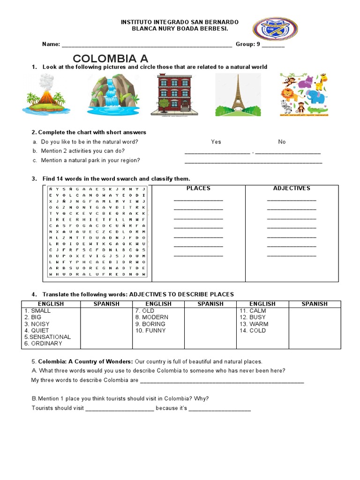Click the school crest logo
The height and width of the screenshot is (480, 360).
coord(275,29)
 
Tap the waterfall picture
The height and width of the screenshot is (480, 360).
coord(113,95)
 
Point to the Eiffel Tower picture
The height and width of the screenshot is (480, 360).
coord(238,95)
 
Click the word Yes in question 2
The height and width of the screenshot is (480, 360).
coord(216,142)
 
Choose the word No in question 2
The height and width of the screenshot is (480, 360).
coord(282,142)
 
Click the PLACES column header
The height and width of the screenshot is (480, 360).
coord(198,188)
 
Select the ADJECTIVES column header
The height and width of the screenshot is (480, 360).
coord(292,188)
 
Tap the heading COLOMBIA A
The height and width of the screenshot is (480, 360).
coord(111,59)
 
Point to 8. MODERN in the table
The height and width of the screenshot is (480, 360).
coord(151,317)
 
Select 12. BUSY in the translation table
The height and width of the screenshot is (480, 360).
coord(252,317)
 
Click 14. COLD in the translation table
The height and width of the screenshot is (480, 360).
coord(252,330)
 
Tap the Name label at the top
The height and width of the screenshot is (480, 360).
coord(51,45)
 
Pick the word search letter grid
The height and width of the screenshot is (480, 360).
coord(97,231)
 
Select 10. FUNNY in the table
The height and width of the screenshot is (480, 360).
coord(150,330)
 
